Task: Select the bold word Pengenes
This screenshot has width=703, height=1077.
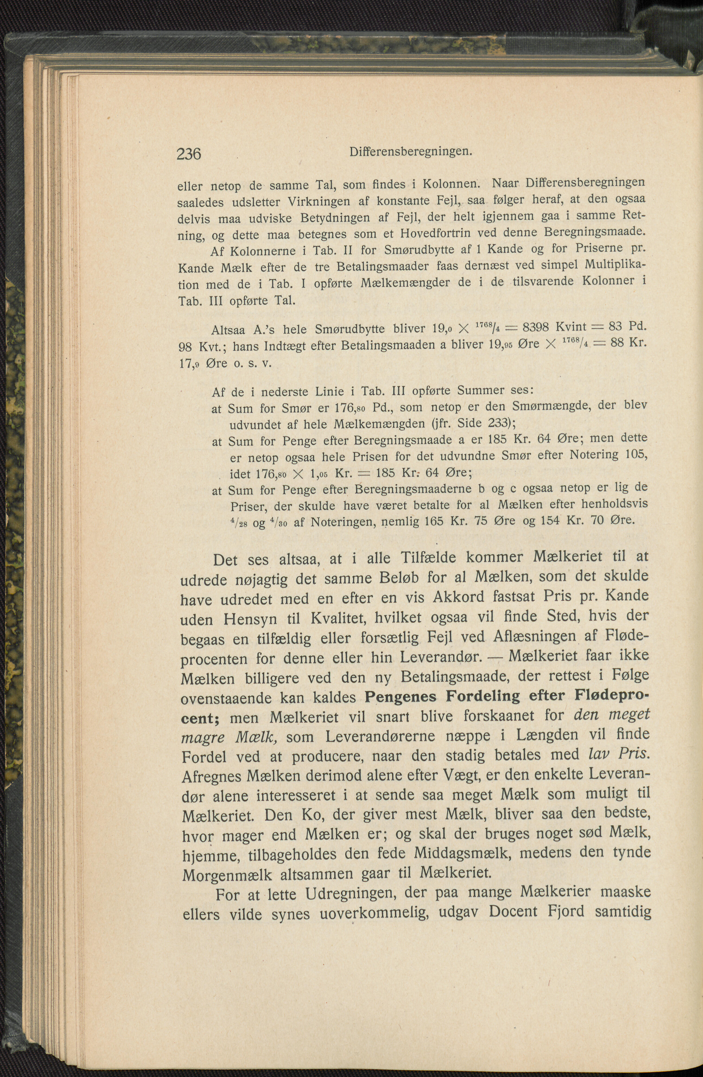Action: [x=400, y=697]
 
